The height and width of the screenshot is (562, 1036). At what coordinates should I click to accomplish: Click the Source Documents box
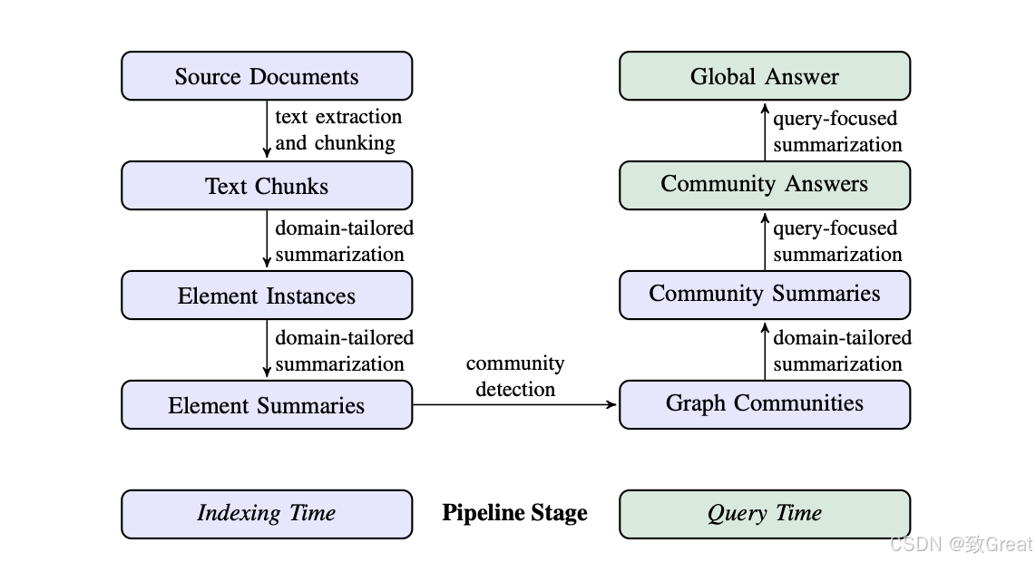click(x=267, y=76)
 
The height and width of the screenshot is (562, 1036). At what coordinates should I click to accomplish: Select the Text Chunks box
click(x=267, y=186)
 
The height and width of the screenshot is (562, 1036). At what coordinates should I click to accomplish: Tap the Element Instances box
click(x=267, y=296)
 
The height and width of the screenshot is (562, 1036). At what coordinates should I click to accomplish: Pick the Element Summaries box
click(x=267, y=405)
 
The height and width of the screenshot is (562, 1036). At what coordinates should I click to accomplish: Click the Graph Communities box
click(x=765, y=405)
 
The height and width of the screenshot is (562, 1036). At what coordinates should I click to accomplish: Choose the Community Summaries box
click(x=765, y=296)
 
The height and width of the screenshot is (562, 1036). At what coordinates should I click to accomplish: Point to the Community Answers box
click(x=765, y=186)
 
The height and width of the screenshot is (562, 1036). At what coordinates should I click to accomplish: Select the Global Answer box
click(x=765, y=76)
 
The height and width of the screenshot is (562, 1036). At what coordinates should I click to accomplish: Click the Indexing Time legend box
click(x=267, y=515)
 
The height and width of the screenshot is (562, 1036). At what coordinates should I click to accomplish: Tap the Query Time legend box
click(x=765, y=515)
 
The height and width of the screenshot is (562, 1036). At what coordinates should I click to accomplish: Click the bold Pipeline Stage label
click(x=514, y=513)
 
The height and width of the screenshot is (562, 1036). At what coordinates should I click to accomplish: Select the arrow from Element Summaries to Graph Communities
click(x=515, y=405)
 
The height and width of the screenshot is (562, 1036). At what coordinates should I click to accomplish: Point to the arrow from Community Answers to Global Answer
click(x=765, y=131)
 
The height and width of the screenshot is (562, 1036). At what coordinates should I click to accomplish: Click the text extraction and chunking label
click(x=338, y=131)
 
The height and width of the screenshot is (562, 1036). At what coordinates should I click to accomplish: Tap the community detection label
click(x=515, y=376)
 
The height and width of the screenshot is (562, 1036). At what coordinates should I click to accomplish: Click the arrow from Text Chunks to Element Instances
click(x=267, y=239)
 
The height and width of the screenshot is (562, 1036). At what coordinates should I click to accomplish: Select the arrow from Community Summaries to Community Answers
click(x=765, y=240)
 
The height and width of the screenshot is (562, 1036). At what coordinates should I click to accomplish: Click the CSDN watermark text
click(x=962, y=544)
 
